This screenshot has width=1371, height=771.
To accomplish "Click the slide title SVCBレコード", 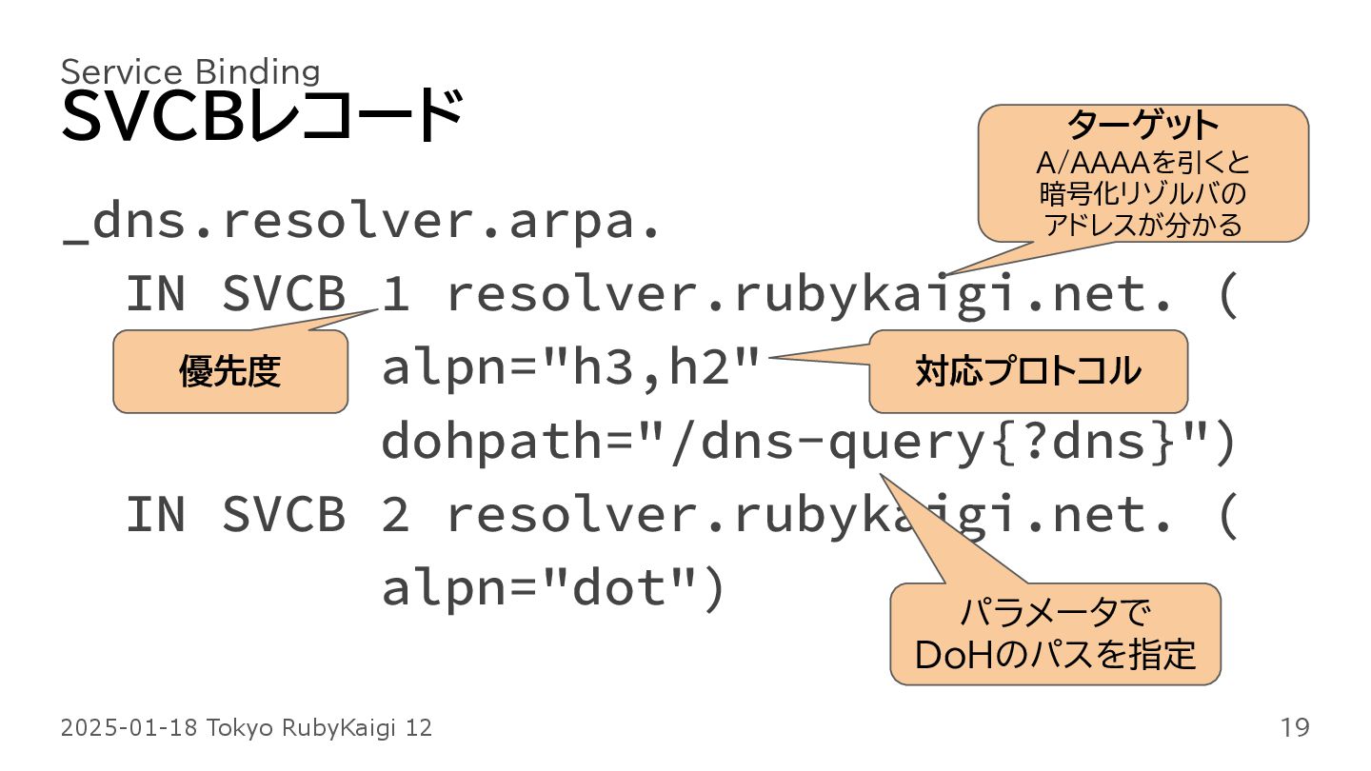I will click(262, 117).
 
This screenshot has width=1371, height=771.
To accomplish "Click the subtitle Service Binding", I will click(190, 71).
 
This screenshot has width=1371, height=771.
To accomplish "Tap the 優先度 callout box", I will click(229, 371).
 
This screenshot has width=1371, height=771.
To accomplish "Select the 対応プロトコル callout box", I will click(1028, 371).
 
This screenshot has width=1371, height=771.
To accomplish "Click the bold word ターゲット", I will click(1142, 125).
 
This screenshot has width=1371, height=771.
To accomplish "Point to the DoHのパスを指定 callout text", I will click(1055, 655).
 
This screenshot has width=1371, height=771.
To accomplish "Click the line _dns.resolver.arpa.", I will click(362, 224).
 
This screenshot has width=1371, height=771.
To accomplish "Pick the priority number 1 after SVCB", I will click(395, 296).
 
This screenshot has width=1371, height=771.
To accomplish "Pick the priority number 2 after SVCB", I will click(395, 515).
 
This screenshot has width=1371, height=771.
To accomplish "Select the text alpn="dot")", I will click(554, 588).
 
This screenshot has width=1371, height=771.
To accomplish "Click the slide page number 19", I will click(1295, 728).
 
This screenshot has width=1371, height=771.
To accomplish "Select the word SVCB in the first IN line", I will click(283, 296).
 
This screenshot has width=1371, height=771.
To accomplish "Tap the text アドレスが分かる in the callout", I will click(1142, 226).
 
